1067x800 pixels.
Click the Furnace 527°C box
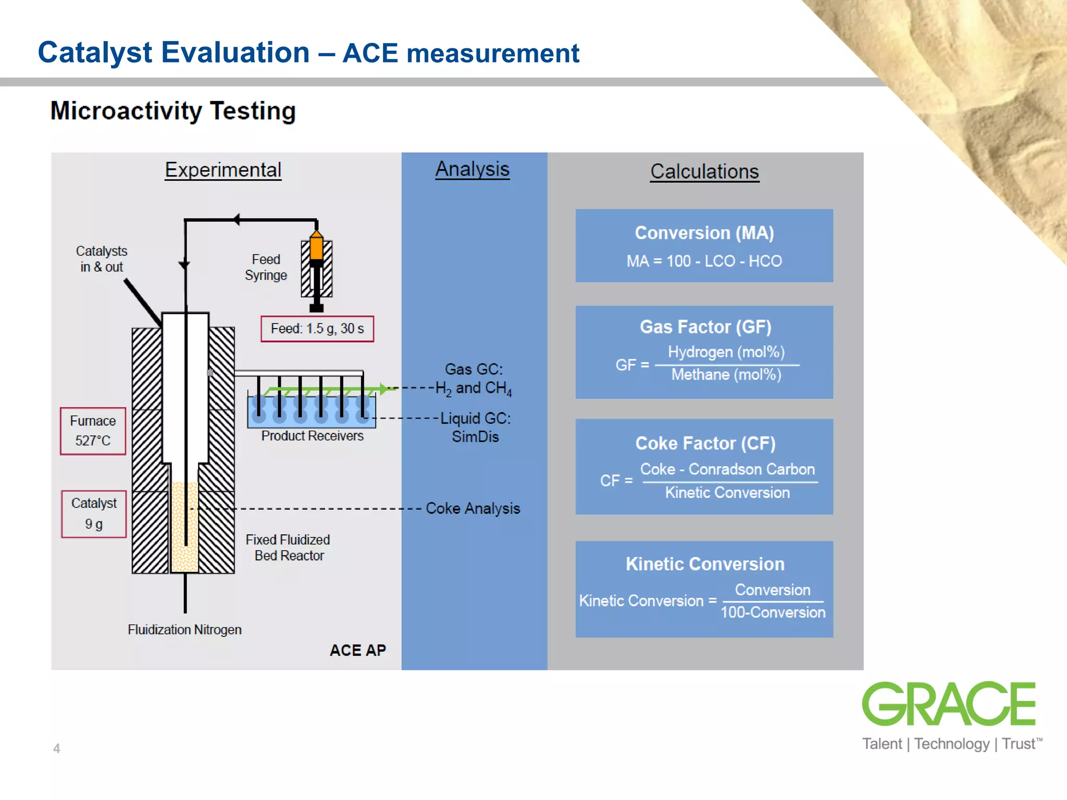(93, 431)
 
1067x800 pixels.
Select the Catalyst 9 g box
(94, 514)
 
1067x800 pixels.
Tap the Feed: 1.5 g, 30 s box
(317, 329)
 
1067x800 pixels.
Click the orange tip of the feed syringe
(316, 245)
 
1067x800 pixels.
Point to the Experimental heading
(223, 170)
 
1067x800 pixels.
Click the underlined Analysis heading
(472, 169)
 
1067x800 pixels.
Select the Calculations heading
(704, 171)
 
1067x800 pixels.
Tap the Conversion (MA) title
(704, 233)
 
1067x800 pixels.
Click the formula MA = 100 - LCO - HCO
(704, 261)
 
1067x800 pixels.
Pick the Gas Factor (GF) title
(705, 327)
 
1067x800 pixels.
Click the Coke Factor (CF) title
(705, 443)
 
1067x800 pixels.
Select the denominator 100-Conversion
(773, 612)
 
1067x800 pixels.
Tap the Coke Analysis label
(473, 508)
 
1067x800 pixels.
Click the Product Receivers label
(312, 436)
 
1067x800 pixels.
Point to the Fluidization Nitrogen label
(184, 630)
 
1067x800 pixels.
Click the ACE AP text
(358, 650)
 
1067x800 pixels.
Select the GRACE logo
(949, 704)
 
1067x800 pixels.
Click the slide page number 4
(57, 748)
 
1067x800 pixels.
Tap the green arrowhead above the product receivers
(384, 389)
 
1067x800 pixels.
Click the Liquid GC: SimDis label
(475, 427)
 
